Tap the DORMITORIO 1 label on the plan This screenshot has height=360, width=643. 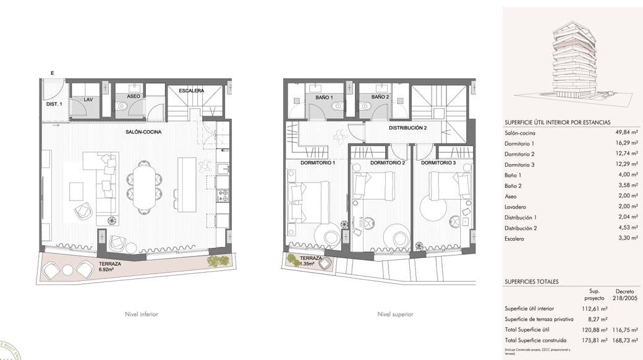(x=317, y=163)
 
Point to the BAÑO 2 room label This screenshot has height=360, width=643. (x=380, y=98)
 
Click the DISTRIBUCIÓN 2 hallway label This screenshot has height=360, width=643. (x=407, y=128)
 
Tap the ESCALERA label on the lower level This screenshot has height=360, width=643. (x=191, y=91)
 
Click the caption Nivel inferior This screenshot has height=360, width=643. (x=142, y=314)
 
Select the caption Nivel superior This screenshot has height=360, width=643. (x=396, y=314)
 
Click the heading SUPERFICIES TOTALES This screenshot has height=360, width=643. (x=532, y=281)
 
